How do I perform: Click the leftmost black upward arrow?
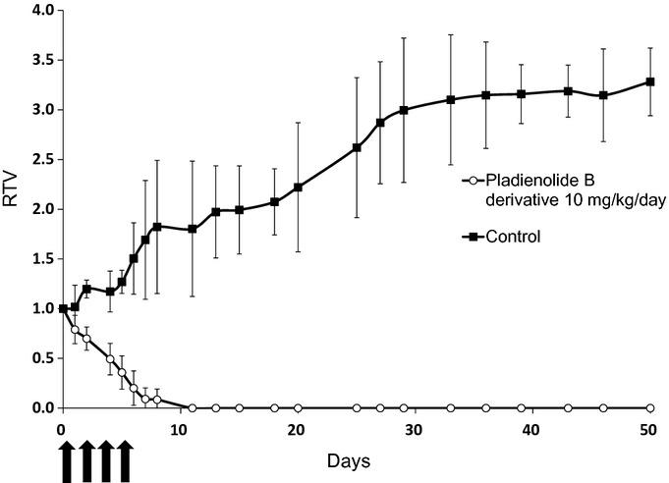tap(67, 460)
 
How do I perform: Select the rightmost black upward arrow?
tap(125, 460)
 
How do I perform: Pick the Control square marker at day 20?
tap(298, 188)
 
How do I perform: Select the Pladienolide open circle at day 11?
tap(192, 407)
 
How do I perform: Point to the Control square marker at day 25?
tap(357, 147)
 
